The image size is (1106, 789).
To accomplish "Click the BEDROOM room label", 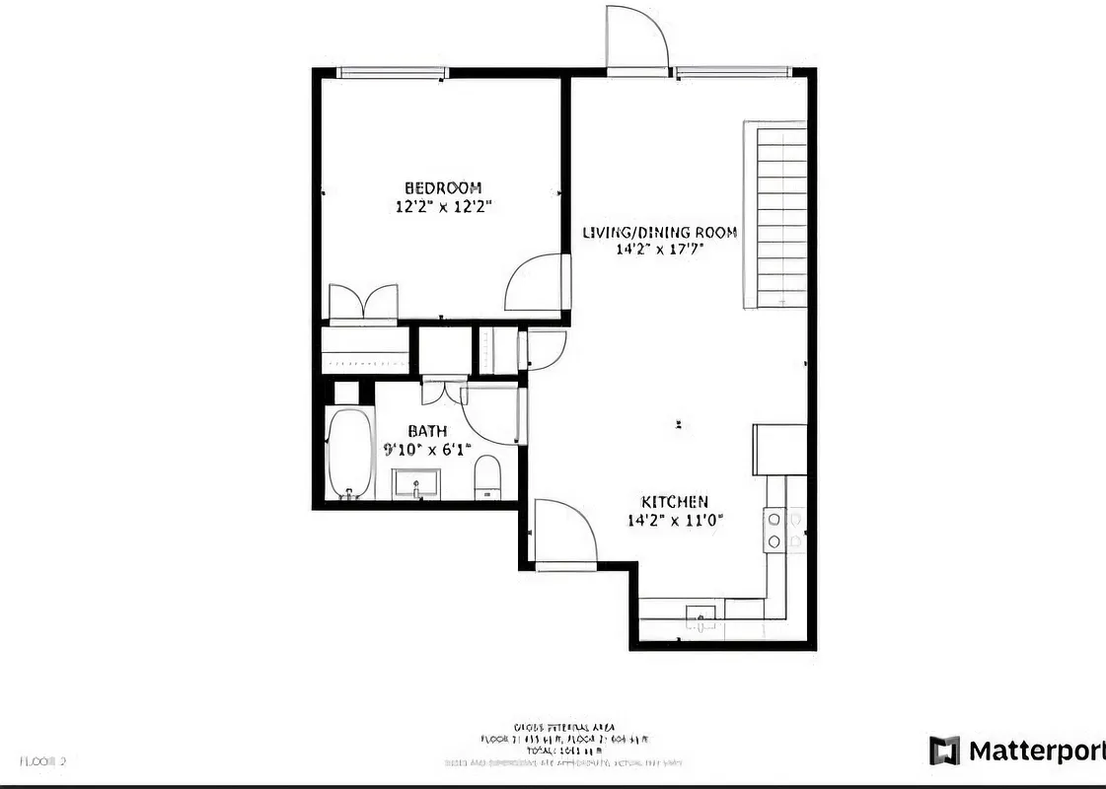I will click(443, 187).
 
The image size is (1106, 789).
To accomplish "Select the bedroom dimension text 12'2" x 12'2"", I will click(443, 207).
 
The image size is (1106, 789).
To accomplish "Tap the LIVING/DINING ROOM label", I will click(660, 233).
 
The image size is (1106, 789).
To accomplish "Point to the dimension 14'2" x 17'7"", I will click(660, 250).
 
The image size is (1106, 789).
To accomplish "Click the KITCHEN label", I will click(675, 502).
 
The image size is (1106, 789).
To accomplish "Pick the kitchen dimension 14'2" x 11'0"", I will click(675, 521).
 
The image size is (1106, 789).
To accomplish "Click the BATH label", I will click(427, 431).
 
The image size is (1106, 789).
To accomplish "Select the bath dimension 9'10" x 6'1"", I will click(427, 450).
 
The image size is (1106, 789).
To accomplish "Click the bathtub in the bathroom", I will click(349, 454).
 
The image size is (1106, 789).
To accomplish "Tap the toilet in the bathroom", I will click(488, 479).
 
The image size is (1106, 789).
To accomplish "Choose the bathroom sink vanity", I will click(418, 484).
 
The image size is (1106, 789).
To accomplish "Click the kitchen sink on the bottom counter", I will click(700, 615).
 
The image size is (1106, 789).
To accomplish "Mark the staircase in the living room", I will click(775, 214).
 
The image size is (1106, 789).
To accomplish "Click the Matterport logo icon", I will click(944, 751).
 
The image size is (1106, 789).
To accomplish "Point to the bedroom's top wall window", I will click(392, 73).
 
